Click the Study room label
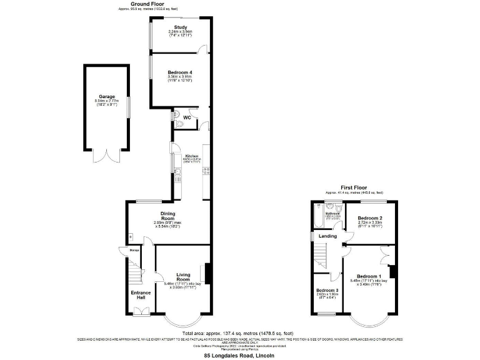(x=181, y=27)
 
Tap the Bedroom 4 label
(x=180, y=72)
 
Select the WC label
(x=187, y=117)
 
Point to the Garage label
(x=105, y=97)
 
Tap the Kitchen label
(x=191, y=156)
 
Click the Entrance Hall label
(x=141, y=295)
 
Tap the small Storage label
(x=134, y=250)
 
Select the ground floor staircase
(x=136, y=272)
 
